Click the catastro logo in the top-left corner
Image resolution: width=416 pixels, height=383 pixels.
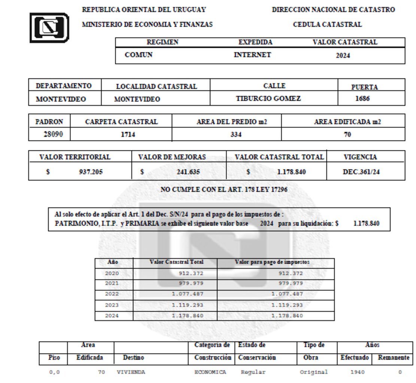point(49,28)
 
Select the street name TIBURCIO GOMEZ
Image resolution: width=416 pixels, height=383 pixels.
point(268,99)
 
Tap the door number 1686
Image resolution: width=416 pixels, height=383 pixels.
point(362,99)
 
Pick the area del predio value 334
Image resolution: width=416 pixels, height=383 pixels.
point(236,135)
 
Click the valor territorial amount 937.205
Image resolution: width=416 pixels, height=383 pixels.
point(91,172)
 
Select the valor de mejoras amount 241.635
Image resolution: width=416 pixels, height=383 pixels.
point(188,172)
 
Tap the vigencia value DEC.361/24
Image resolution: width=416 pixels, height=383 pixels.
point(361,172)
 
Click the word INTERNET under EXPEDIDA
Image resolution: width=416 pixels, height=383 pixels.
point(252,55)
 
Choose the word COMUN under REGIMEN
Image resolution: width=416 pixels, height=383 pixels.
point(139,55)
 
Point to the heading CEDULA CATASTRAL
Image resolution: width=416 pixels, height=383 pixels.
point(327,25)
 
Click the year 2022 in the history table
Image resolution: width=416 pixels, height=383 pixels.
point(112,294)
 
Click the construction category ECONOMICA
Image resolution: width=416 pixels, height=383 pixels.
point(210,372)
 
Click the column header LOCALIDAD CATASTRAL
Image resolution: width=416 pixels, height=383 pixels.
point(156,87)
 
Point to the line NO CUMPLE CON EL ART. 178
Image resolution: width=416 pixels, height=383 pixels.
point(224,190)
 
